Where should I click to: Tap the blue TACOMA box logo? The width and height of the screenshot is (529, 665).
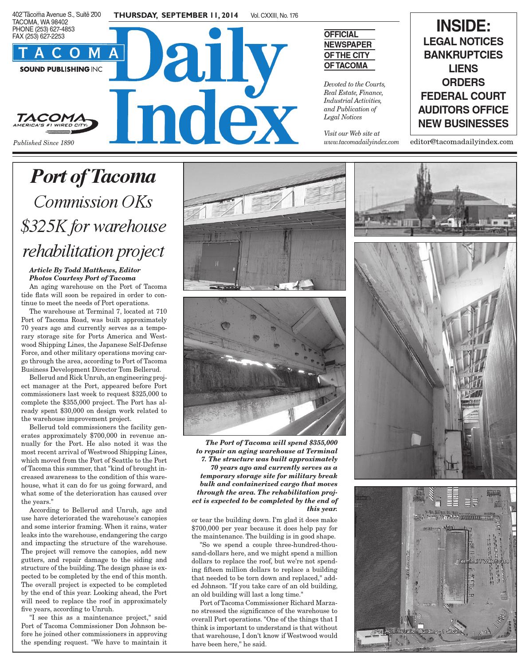[68, 53]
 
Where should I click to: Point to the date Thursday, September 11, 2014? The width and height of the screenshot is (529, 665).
[176, 16]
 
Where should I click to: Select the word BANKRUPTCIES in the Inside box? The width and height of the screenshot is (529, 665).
[463, 55]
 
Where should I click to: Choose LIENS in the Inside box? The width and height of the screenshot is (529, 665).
[463, 69]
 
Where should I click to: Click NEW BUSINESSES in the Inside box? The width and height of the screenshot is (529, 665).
[463, 123]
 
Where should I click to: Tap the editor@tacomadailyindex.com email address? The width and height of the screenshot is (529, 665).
[462, 142]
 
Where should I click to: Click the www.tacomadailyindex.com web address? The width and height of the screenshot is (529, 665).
[361, 142]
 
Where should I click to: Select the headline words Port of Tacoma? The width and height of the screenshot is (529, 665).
[93, 177]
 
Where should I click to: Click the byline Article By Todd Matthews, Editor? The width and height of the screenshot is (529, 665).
[85, 270]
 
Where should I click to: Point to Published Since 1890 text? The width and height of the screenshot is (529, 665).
[43, 143]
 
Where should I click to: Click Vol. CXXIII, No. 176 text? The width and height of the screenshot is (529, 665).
[274, 16]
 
